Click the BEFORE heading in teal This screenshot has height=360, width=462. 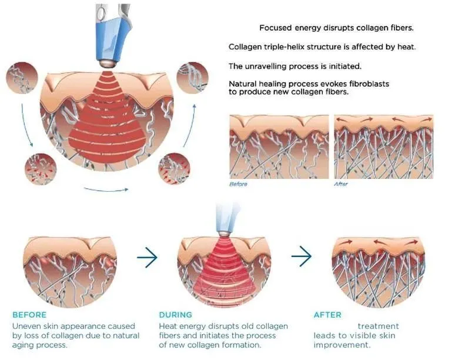[29, 315]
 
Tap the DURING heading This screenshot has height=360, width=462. [176, 315]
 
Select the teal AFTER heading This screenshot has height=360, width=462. [327, 315]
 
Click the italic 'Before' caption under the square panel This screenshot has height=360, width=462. [238, 184]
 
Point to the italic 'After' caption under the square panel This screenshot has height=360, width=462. [340, 184]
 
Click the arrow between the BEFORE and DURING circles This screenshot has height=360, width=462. [148, 257]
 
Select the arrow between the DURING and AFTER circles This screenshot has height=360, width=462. [302, 256]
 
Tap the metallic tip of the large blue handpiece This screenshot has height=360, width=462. [106, 64]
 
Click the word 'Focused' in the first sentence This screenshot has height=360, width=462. [276, 28]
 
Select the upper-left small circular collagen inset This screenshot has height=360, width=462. [22, 78]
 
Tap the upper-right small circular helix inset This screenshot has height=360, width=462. [192, 78]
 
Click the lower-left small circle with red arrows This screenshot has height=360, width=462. [41, 169]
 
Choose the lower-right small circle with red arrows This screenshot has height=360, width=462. [175, 168]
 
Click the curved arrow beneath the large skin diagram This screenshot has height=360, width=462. [106, 189]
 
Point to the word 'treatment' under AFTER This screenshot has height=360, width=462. [379, 326]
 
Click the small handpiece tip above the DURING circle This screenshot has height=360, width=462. [224, 234]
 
